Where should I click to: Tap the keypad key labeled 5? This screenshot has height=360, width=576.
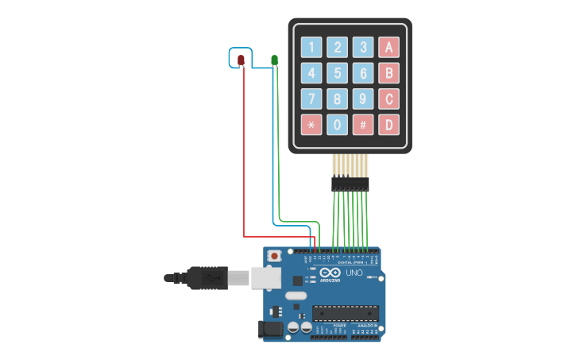pos(338,73)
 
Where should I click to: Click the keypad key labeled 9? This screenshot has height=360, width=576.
pos(363,99)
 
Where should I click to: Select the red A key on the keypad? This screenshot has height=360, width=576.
pos(389,47)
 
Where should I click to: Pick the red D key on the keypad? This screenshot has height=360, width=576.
pos(389,124)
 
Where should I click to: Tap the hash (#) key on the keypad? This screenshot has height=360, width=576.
pos(363,124)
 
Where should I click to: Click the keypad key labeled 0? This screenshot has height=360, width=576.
pos(338,124)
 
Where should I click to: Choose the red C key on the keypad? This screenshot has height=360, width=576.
pos(389,99)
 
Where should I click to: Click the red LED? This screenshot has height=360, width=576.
pos(241,60)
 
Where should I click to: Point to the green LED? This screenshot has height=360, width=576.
pos(274,60)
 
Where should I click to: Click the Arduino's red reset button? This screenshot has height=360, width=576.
pos(274,256)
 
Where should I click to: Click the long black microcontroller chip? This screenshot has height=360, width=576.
pos(345,313)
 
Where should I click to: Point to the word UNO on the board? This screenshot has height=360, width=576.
pos(354,273)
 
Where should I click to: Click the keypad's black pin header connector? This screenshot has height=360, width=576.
pos(350,184)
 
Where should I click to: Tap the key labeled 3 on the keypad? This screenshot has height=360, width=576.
pos(363,47)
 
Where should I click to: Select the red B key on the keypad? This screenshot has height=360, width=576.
pos(389,73)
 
